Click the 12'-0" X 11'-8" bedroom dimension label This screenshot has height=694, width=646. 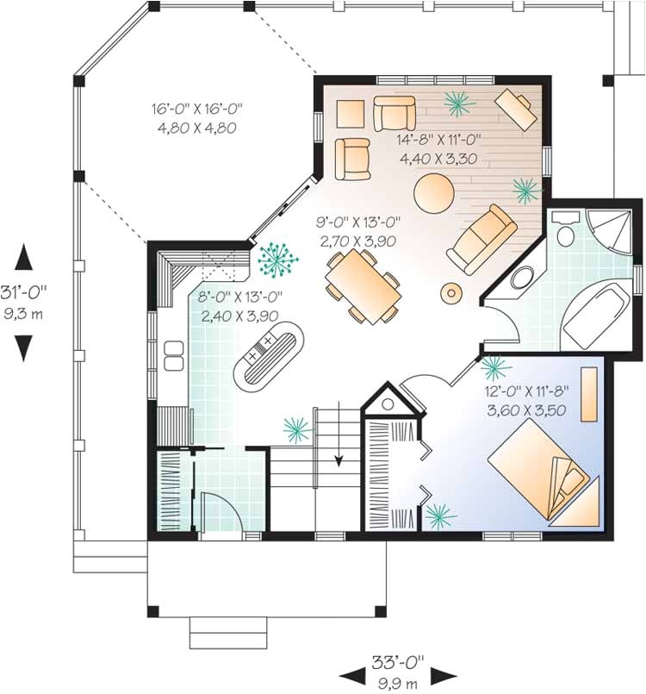point(527,401)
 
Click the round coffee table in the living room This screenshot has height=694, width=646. point(432,192)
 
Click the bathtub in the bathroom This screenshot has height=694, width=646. point(595,312)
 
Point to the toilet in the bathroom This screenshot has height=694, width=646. point(567,234)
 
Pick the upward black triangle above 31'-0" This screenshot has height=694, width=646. point(24,257)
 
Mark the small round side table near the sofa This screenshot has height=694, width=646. point(451,293)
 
